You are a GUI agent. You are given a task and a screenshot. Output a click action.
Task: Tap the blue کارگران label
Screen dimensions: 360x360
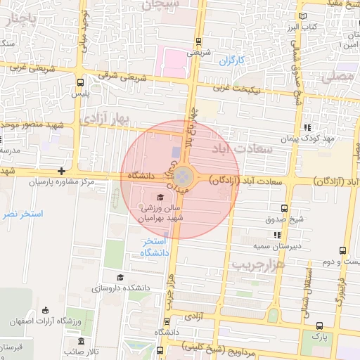pyautogui.click(x=230, y=61)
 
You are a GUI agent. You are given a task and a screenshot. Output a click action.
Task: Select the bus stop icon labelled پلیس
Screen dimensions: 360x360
pyautogui.click(x=82, y=82)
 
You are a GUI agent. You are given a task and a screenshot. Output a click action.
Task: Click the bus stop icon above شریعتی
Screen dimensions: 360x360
pyautogui.click(x=199, y=41)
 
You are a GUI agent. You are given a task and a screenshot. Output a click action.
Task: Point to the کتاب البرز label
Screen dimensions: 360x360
pyautogui.click(x=306, y=27)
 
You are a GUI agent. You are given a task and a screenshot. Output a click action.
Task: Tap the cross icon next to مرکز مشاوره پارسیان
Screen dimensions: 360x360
pyautogui.click(x=63, y=170)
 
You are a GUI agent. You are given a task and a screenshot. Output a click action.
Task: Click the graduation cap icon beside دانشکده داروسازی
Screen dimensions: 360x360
pyautogui.click(x=120, y=278)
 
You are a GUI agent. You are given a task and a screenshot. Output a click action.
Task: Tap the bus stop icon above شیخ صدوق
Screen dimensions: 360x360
pyautogui.click(x=284, y=208)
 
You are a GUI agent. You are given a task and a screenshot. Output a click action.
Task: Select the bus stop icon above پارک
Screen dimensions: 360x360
pyautogui.click(x=320, y=326)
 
